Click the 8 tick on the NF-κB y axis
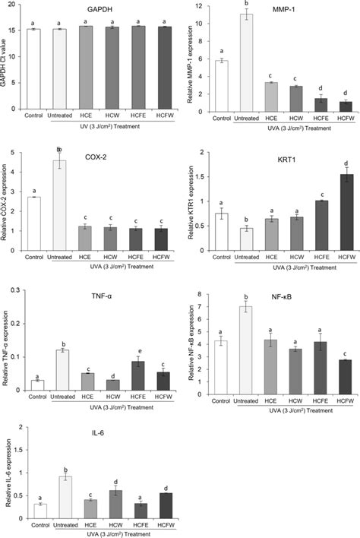click(198, 294)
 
